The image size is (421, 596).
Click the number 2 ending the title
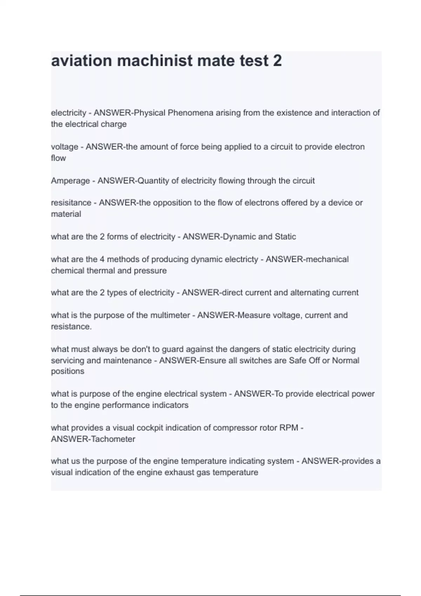[277, 61]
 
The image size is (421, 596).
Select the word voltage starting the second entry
[65, 147]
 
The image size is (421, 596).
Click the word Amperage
[70, 181]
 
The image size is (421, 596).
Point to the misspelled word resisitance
[71, 203]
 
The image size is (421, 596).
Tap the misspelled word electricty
[241, 259]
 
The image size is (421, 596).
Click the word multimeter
[170, 315]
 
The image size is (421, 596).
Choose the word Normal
[346, 360]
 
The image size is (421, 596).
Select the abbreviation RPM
[289, 428]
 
